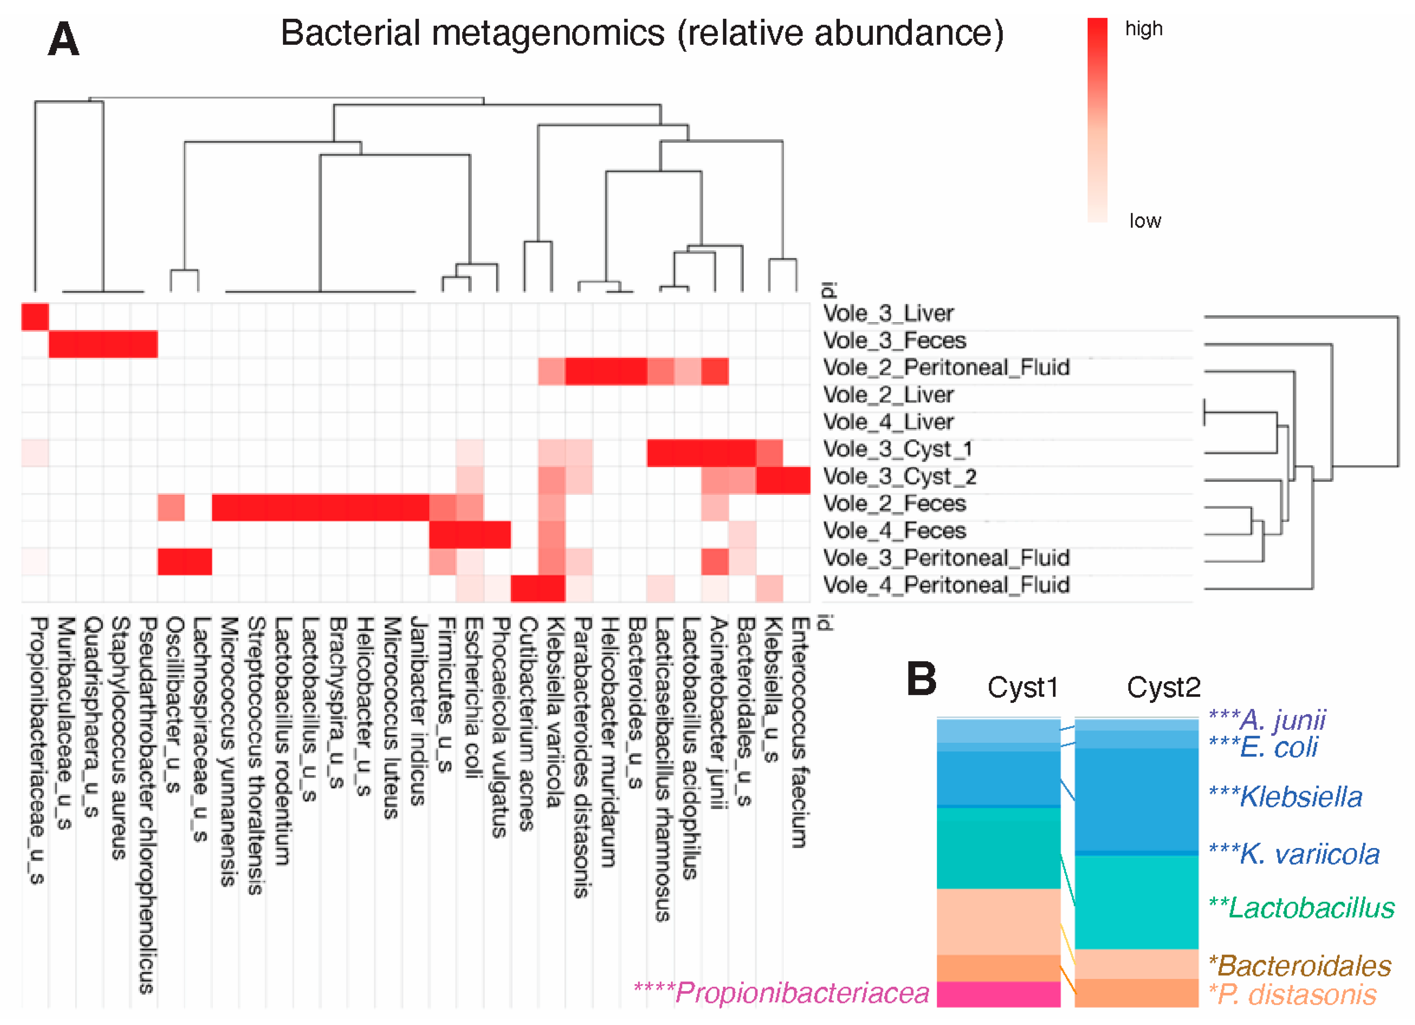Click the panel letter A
pyautogui.click(x=64, y=39)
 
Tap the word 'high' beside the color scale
pyautogui.click(x=1144, y=29)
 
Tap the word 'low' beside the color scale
pyautogui.click(x=1145, y=220)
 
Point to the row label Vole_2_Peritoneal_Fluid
pyautogui.click(x=946, y=367)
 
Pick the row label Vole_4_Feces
pyautogui.click(x=894, y=531)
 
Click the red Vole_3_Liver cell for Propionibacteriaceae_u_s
pyautogui.click(x=35, y=316)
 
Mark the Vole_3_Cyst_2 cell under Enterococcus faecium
pyautogui.click(x=797, y=480)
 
